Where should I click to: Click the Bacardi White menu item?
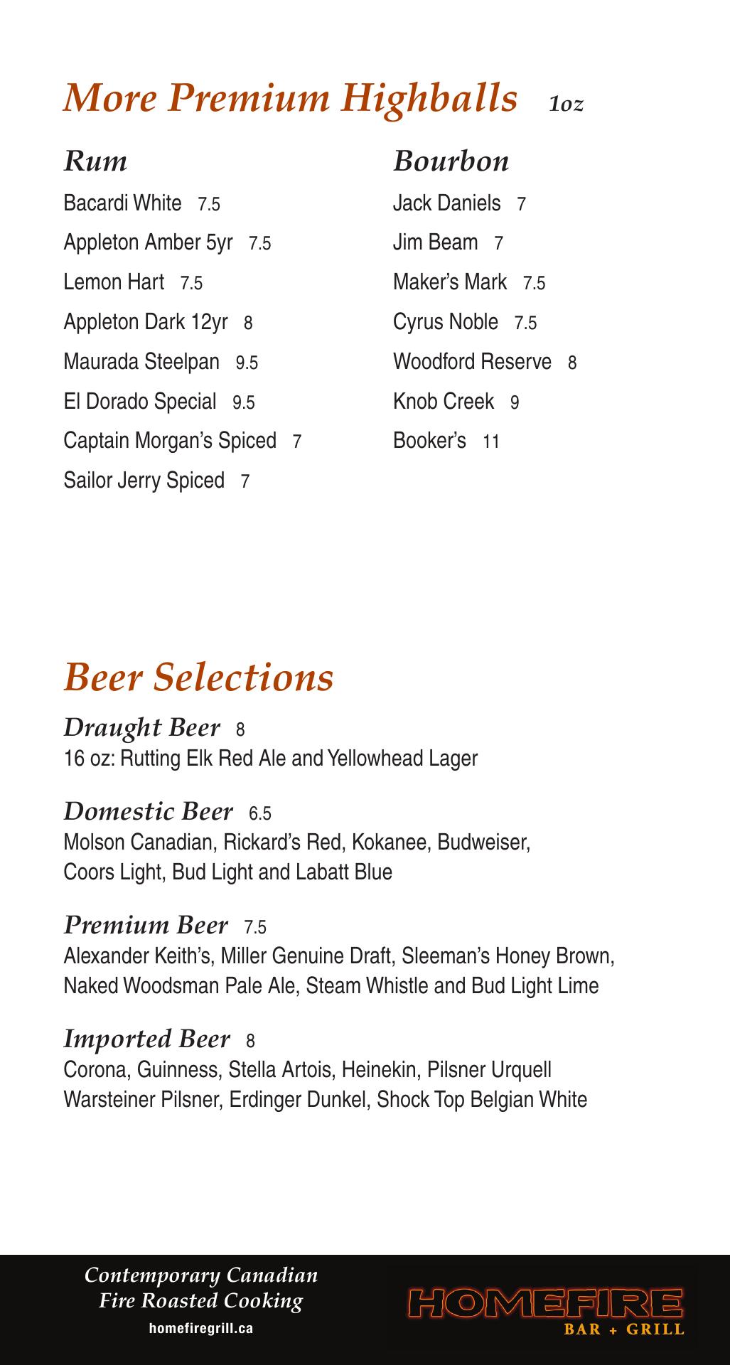(122, 203)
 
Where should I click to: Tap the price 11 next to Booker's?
(491, 442)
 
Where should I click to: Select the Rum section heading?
(95, 161)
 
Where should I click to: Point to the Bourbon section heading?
(451, 161)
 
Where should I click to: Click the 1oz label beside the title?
(566, 105)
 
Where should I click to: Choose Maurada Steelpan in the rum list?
(141, 362)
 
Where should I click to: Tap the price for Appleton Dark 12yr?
(248, 323)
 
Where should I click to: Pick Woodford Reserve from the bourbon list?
(472, 362)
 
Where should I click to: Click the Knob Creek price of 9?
(515, 403)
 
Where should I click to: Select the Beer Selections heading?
(198, 676)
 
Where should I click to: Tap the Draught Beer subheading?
(142, 727)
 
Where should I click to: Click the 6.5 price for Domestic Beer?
(260, 813)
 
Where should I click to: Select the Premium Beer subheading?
(146, 925)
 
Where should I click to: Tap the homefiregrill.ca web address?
(200, 1328)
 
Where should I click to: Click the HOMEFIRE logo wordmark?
(545, 1303)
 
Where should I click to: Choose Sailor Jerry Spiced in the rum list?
(144, 481)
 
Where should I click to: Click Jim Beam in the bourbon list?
(435, 243)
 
